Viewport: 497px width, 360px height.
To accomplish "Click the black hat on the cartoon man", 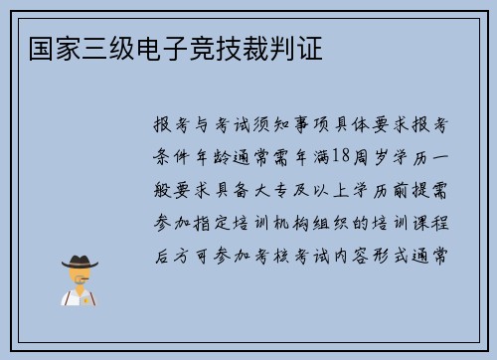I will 80,262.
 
